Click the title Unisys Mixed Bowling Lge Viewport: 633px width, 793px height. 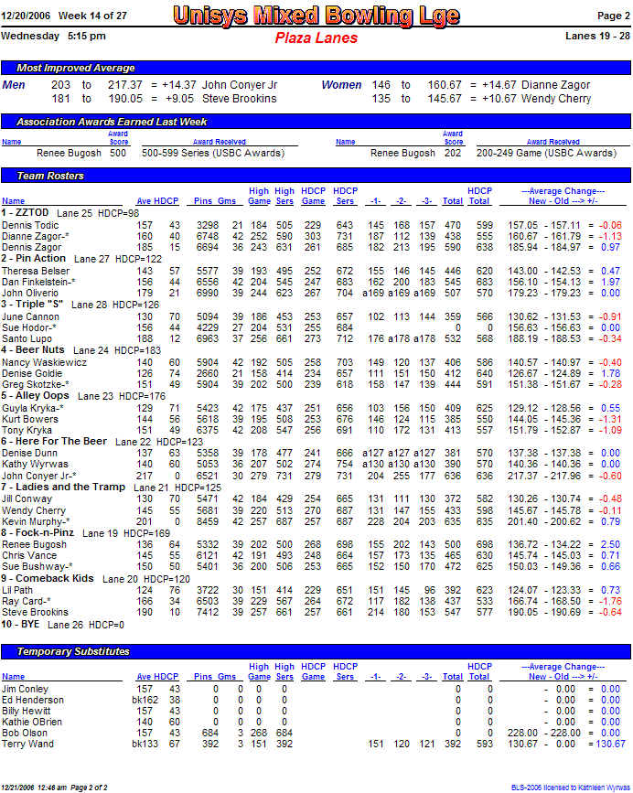coord(316,16)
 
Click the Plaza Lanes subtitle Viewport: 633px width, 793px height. coord(316,38)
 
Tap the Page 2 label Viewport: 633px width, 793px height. coord(613,16)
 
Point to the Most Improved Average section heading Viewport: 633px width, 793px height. coord(76,69)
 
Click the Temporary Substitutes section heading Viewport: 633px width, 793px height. coord(73,651)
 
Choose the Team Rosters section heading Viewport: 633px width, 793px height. coord(50,176)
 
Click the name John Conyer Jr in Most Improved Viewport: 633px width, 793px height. coord(240,85)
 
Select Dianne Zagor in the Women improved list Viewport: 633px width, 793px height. coord(555,85)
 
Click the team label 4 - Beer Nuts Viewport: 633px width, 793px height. coord(34,350)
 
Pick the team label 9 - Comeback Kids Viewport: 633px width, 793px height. coord(48,579)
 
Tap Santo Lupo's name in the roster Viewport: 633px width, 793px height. coord(25,338)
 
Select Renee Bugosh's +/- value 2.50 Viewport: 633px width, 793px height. coord(611,544)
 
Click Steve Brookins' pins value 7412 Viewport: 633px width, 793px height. coord(208,613)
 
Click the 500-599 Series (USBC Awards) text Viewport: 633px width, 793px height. coord(213,154)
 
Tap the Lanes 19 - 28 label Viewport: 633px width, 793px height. coord(598,36)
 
